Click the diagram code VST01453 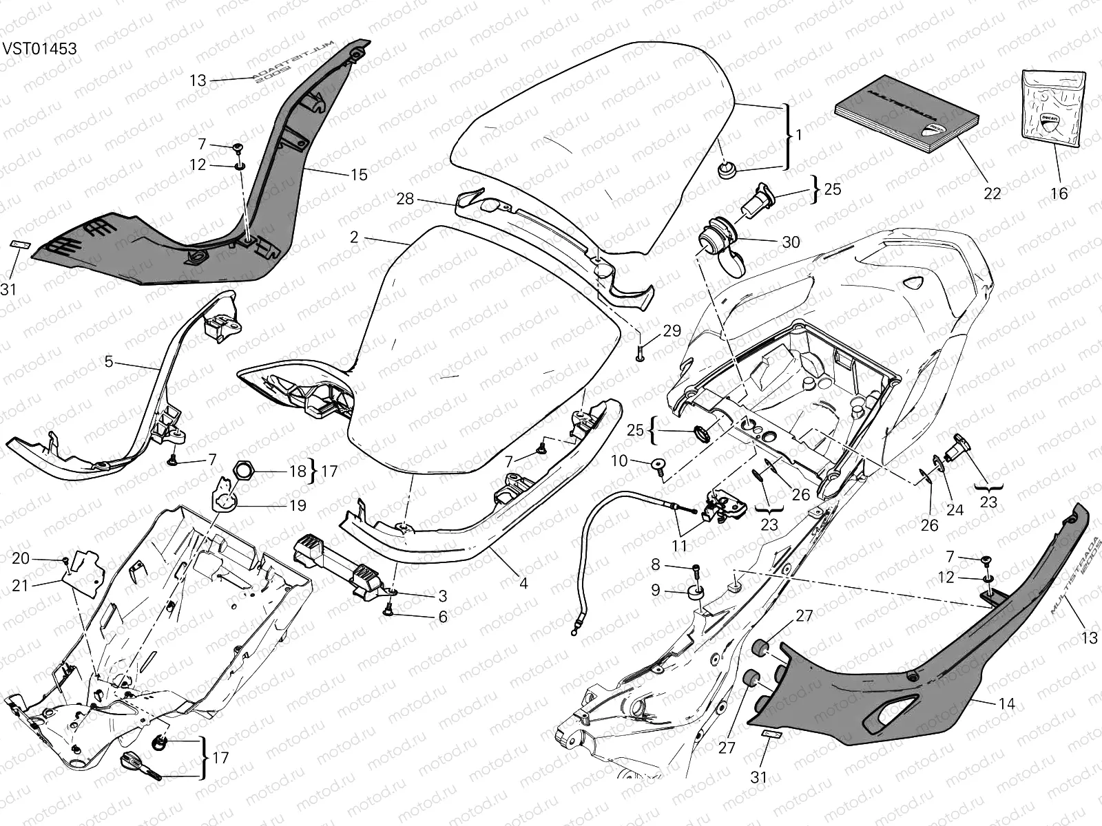pyautogui.click(x=39, y=49)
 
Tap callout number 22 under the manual pyautogui.click(x=992, y=193)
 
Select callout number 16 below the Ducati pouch pyautogui.click(x=1059, y=193)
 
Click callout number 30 pyautogui.click(x=791, y=242)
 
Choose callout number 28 pyautogui.click(x=405, y=198)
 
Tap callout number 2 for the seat pyautogui.click(x=354, y=237)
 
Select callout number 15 pyautogui.click(x=359, y=175)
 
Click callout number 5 pyautogui.click(x=109, y=361)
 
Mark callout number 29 pyautogui.click(x=672, y=330)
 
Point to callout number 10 pyautogui.click(x=619, y=460)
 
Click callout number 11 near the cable pyautogui.click(x=680, y=547)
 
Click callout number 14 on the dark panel pyautogui.click(x=1006, y=703)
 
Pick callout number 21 pyautogui.click(x=21, y=585)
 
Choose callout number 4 pyautogui.click(x=523, y=583)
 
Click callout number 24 pyautogui.click(x=954, y=511)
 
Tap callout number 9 pyautogui.click(x=655, y=590)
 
